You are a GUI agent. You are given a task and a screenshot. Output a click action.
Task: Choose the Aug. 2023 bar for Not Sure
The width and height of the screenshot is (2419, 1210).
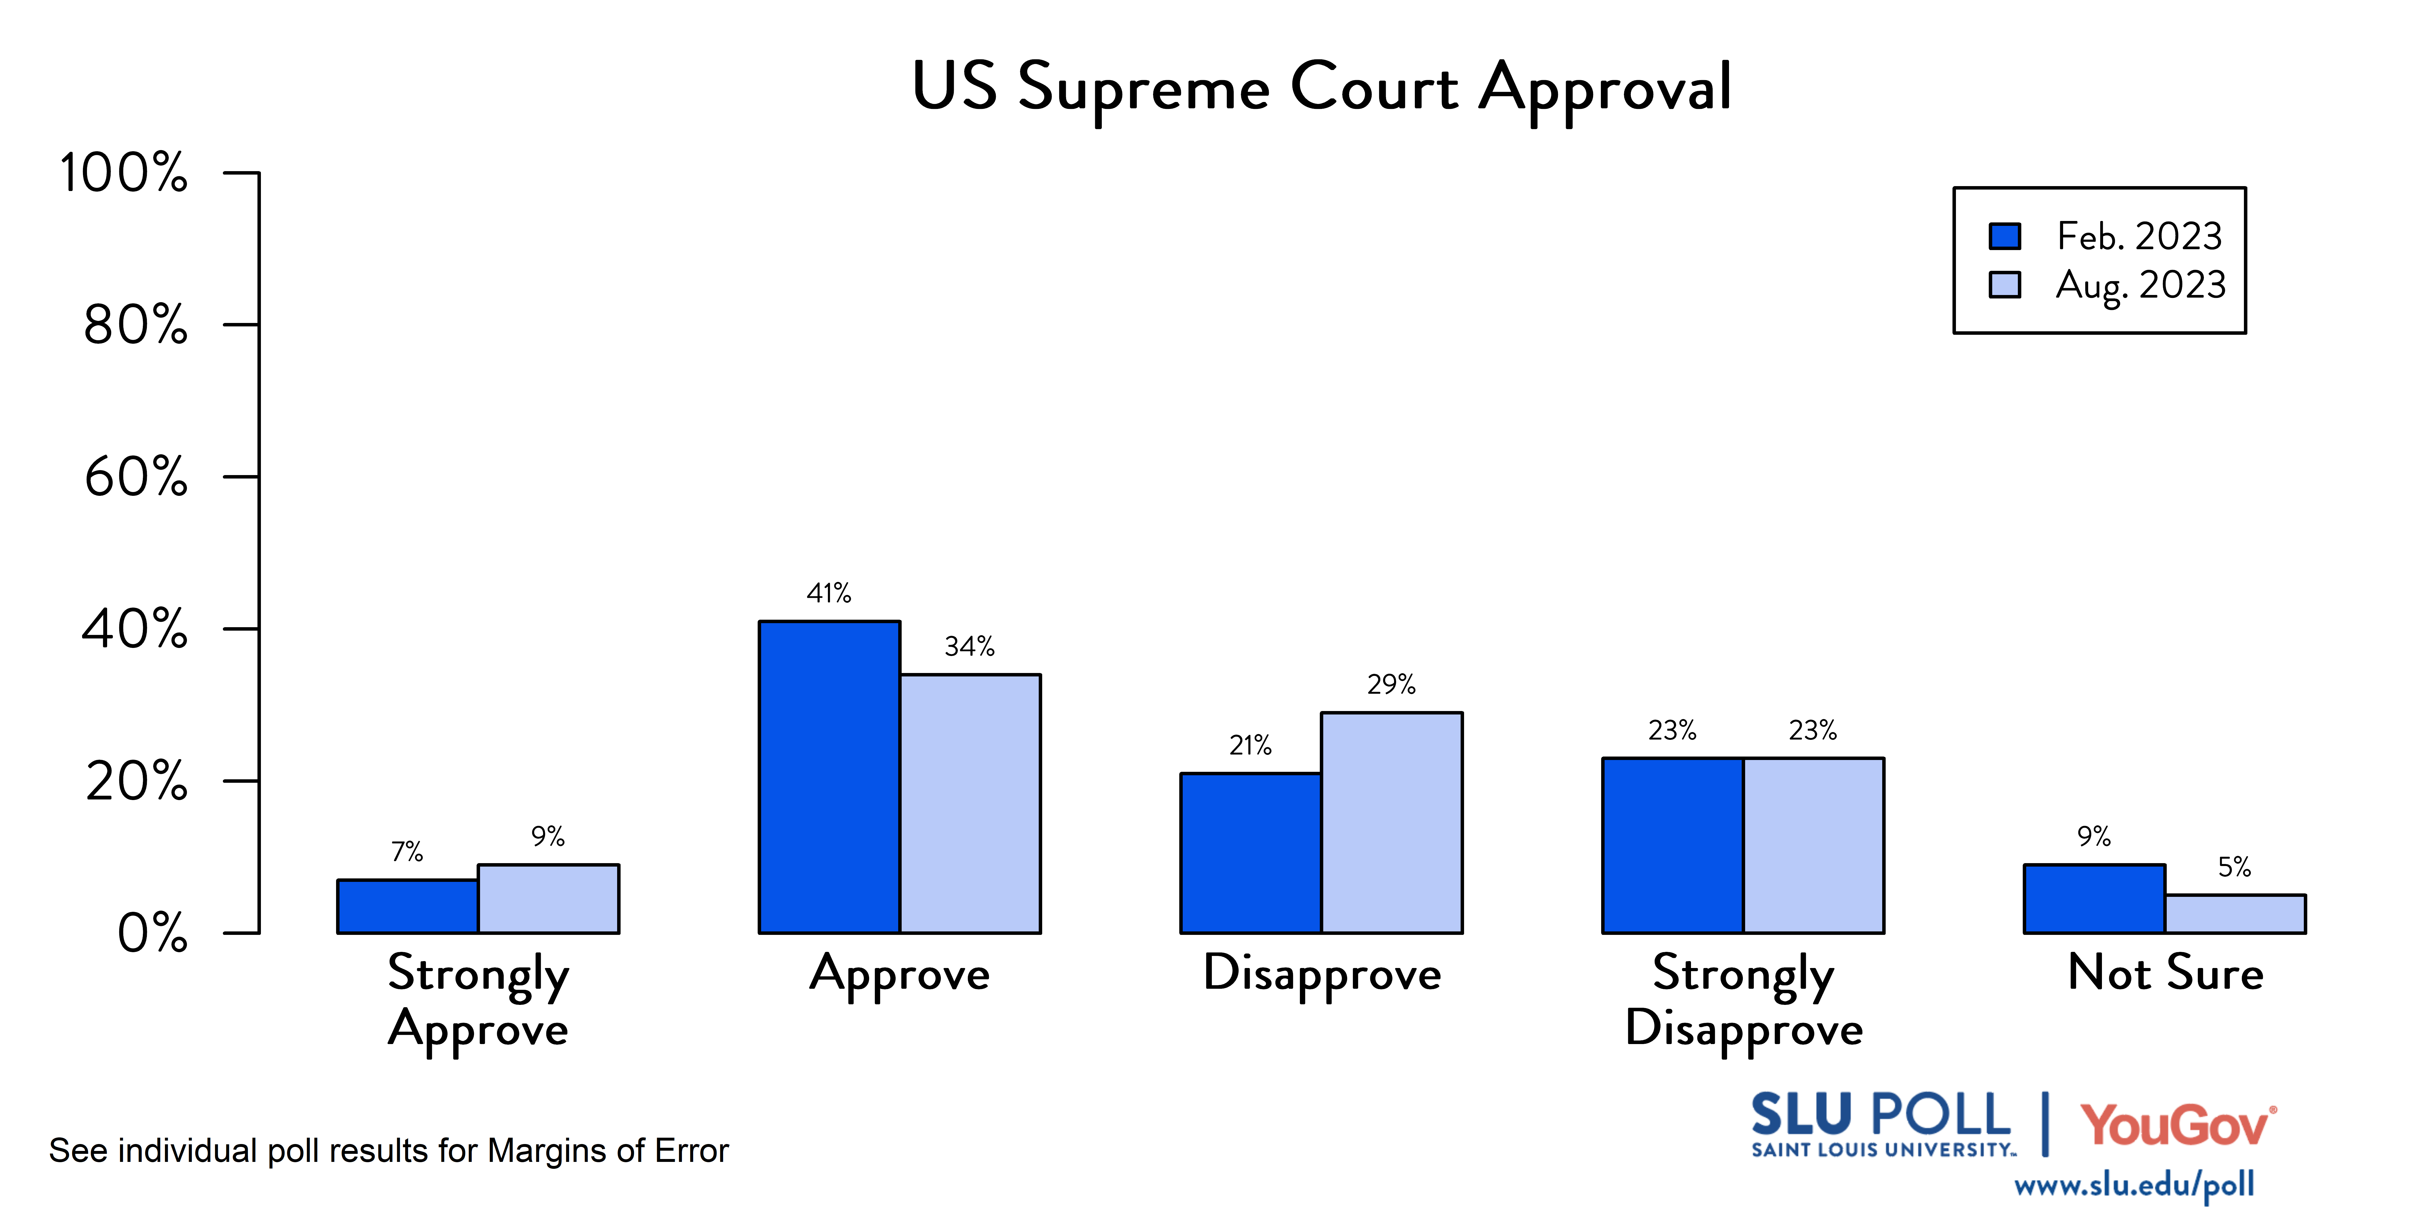click(x=2235, y=914)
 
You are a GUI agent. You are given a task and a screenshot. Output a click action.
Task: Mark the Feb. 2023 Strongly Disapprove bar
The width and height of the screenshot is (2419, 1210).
click(x=1673, y=846)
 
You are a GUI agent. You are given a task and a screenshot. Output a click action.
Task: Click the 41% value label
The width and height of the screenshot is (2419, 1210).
click(x=829, y=594)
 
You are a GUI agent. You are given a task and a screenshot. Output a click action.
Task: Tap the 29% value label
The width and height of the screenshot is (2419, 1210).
click(x=1392, y=685)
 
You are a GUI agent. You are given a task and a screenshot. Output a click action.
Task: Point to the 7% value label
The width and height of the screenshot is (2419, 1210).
click(x=407, y=852)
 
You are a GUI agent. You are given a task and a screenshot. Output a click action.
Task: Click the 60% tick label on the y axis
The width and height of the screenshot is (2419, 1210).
click(x=136, y=477)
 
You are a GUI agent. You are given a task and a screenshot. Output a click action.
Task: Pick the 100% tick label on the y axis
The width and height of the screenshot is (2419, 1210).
click(x=124, y=173)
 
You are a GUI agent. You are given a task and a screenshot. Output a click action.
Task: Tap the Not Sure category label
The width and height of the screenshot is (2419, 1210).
click(x=2166, y=973)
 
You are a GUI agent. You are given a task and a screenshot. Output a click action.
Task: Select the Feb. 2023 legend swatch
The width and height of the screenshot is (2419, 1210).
click(x=2005, y=236)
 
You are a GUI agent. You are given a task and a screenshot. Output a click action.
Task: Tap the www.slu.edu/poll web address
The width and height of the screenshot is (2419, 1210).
click(x=2134, y=1185)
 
